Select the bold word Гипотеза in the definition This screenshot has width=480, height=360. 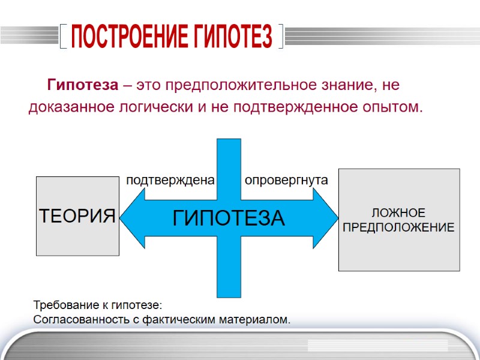click(83, 85)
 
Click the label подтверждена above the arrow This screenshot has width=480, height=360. click(170, 180)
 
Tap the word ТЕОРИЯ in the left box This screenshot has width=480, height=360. click(77, 215)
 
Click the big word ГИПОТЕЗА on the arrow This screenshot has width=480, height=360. click(229, 218)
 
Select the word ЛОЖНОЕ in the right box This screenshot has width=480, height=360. click(398, 214)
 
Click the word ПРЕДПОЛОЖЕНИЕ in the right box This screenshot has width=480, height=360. click(398, 228)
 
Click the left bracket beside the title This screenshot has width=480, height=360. click(63, 38)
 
